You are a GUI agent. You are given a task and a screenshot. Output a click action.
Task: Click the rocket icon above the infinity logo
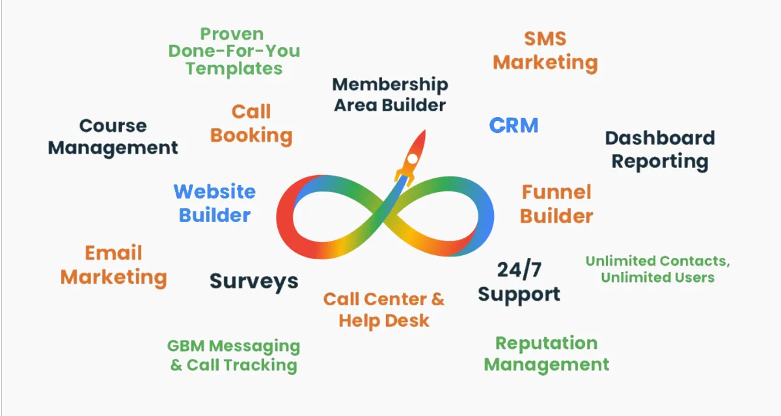click(x=411, y=155)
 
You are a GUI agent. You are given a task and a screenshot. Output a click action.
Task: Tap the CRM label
click(x=514, y=125)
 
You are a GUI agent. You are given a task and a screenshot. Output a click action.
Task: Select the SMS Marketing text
click(x=545, y=51)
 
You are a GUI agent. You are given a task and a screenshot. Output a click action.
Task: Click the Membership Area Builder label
click(x=390, y=94)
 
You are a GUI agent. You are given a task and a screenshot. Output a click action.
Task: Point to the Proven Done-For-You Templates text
click(x=234, y=51)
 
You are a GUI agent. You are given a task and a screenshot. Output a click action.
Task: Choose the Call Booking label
click(x=251, y=124)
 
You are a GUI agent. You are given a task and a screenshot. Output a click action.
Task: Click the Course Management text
click(x=113, y=136)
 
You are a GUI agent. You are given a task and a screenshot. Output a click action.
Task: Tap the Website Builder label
click(x=214, y=203)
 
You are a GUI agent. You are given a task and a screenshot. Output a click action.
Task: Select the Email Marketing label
click(x=113, y=264)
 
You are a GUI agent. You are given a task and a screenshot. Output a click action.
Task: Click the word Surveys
click(x=254, y=281)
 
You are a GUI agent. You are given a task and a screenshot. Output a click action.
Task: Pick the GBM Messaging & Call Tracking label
click(x=234, y=355)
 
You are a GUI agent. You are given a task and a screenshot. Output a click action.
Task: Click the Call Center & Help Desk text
click(x=384, y=309)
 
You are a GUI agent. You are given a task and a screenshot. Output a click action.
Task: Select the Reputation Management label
click(x=546, y=354)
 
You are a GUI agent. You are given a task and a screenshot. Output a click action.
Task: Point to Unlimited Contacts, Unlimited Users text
click(x=657, y=269)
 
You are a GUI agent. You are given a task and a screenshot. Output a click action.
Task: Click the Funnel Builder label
click(x=556, y=204)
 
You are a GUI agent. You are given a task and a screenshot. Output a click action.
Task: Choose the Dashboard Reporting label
click(x=660, y=149)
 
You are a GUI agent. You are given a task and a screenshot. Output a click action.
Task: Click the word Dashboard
click(x=660, y=138)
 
